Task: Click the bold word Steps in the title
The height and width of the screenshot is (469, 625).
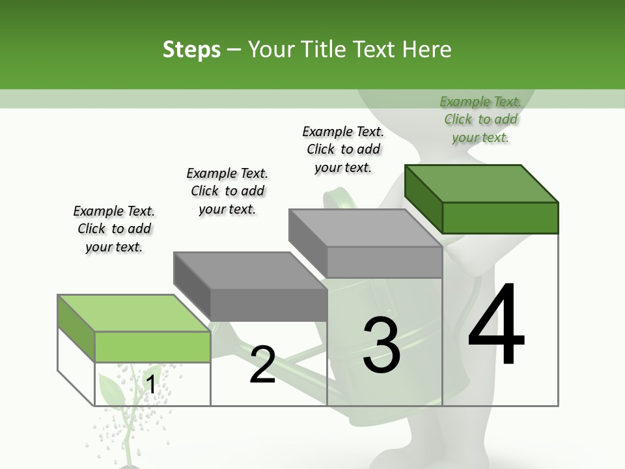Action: click(191, 50)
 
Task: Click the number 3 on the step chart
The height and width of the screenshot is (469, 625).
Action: click(382, 345)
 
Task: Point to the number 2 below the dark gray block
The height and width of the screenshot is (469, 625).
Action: click(262, 365)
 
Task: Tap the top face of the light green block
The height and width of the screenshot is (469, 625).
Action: click(133, 313)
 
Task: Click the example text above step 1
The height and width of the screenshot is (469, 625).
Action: click(114, 229)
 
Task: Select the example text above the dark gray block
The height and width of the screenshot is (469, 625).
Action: click(227, 191)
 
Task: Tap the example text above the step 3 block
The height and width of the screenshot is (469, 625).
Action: click(343, 149)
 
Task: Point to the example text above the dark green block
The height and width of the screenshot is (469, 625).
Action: click(480, 119)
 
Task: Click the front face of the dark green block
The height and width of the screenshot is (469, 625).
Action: click(500, 218)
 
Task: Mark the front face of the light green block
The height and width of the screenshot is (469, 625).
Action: click(152, 347)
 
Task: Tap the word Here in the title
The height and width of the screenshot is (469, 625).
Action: click(428, 50)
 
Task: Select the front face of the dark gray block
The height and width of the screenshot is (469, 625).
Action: click(268, 305)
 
